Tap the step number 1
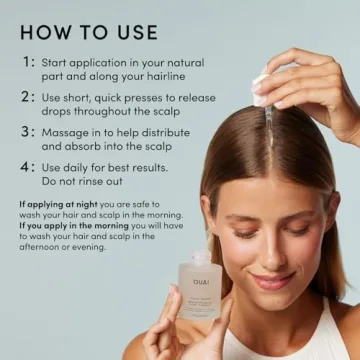[27, 61]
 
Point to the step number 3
[27, 131]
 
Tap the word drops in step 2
[64, 110]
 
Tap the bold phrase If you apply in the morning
[68, 226]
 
